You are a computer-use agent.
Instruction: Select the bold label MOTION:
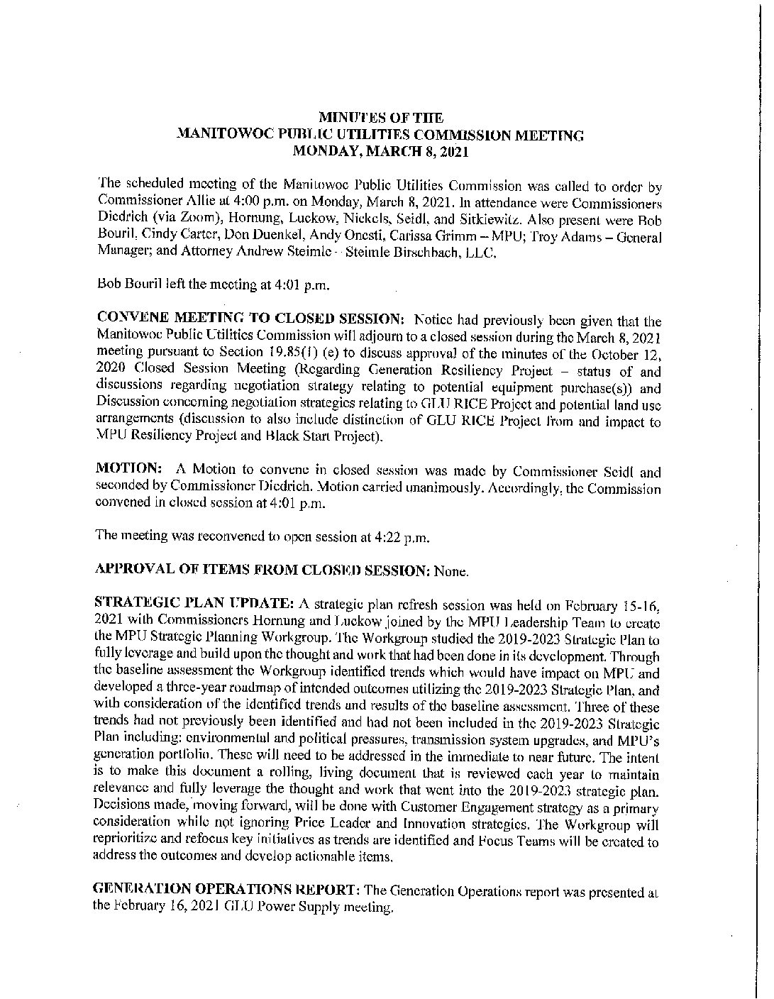tap(125, 472)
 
